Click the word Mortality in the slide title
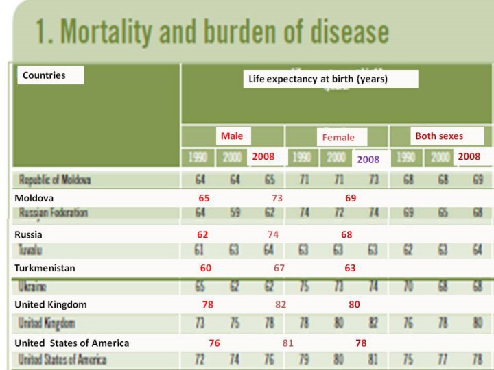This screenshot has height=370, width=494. pyautogui.click(x=131, y=33)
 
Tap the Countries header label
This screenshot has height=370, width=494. pyautogui.click(x=44, y=75)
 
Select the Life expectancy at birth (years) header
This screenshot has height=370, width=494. pyautogui.click(x=318, y=79)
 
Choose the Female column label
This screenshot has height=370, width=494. pyautogui.click(x=338, y=137)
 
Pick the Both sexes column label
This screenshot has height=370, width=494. pyautogui.click(x=438, y=136)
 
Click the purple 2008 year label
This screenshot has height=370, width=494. pyautogui.click(x=368, y=159)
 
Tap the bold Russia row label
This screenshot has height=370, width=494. pyautogui.click(x=28, y=234)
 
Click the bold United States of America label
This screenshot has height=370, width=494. pyautogui.click(x=71, y=343)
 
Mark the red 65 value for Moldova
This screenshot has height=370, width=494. pyautogui.click(x=204, y=198)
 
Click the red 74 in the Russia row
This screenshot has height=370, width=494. pyautogui.click(x=273, y=234)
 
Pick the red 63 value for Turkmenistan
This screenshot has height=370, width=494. pyautogui.click(x=350, y=268)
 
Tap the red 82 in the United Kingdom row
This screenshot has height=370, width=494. pyautogui.click(x=281, y=304)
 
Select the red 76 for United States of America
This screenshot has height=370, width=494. pyautogui.click(x=214, y=343)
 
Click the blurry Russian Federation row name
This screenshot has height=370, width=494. pyautogui.click(x=53, y=213)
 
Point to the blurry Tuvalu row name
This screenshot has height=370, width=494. pyautogui.click(x=30, y=249)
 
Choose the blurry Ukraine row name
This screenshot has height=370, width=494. pyautogui.click(x=32, y=286)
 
